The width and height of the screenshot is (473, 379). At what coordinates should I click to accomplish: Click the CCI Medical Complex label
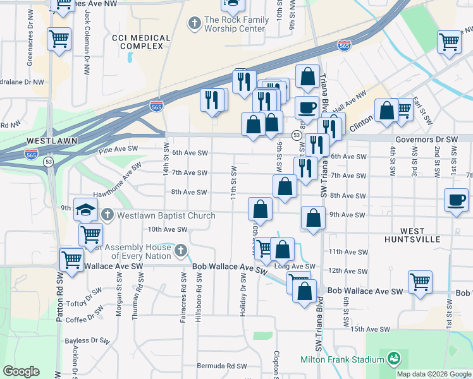click(x=141, y=42)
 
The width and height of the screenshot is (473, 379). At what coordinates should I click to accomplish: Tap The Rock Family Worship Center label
click(x=234, y=25)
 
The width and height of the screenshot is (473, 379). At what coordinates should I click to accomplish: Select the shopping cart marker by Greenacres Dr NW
click(x=59, y=39)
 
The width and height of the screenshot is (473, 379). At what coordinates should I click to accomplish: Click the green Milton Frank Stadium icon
click(x=395, y=359)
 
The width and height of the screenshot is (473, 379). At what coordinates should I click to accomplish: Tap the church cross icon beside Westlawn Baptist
click(x=107, y=215)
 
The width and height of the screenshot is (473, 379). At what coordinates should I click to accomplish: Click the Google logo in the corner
click(x=21, y=371)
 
